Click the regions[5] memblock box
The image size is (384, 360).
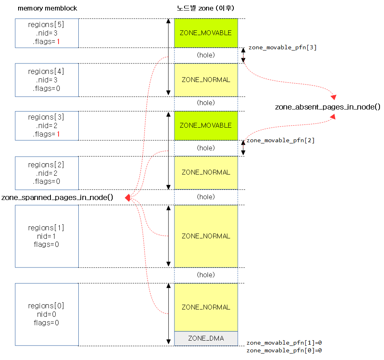coord(46,33)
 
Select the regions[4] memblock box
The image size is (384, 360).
coord(46,80)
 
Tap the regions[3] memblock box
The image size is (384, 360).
coord(46,126)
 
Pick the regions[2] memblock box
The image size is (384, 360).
coord(46,173)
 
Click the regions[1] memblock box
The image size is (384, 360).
coord(46,236)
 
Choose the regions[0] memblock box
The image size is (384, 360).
coord(46,314)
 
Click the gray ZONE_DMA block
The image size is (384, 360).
coord(206,339)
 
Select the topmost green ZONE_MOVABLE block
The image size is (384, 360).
coord(206,33)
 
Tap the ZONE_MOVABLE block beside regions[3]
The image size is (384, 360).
coord(206,126)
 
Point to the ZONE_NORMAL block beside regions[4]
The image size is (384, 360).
coord(206,80)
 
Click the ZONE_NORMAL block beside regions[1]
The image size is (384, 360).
coord(206,236)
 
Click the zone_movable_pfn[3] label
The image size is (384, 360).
coord(282,48)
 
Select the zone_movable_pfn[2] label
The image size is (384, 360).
coord(280,141)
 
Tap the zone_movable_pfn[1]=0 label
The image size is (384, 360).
coord(284,343)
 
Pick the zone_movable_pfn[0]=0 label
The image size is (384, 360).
coord(284,351)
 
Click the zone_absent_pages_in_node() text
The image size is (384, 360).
coord(327,107)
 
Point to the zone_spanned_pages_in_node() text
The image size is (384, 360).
coord(57,198)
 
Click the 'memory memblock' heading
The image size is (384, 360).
coord(47,8)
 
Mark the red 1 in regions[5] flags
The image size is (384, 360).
coord(59,41)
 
